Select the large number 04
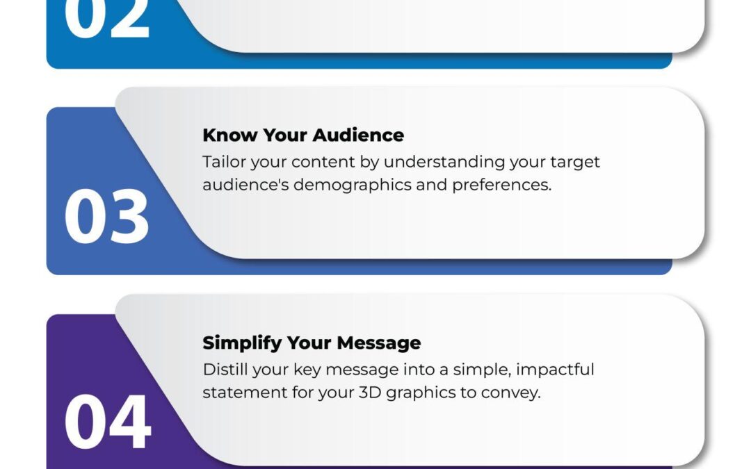point(107,422)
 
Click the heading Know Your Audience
point(302,135)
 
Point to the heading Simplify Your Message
point(311,343)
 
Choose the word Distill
point(223,369)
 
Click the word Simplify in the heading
point(241,343)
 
